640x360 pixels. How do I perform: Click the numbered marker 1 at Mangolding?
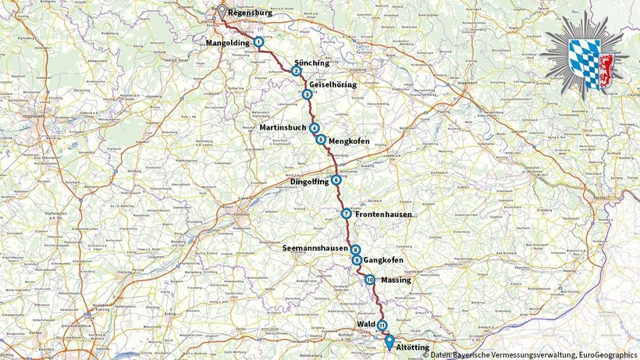258,41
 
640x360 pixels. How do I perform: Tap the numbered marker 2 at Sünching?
297,71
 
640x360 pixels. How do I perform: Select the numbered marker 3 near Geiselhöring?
307,94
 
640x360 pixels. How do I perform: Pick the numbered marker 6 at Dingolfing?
336,180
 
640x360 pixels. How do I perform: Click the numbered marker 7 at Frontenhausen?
346,213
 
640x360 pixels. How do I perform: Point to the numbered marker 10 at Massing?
369,280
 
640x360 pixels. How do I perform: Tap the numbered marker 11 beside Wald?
382,324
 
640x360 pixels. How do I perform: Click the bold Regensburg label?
251,12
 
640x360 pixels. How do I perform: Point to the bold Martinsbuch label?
283,128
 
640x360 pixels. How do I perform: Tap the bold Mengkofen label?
347,141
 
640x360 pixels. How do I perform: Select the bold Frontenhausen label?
383,214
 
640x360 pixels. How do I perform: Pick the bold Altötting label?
414,345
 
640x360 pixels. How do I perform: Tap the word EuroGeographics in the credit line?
604,355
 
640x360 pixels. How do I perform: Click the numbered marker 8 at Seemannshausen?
355,250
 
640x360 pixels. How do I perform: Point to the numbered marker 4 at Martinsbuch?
314,128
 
